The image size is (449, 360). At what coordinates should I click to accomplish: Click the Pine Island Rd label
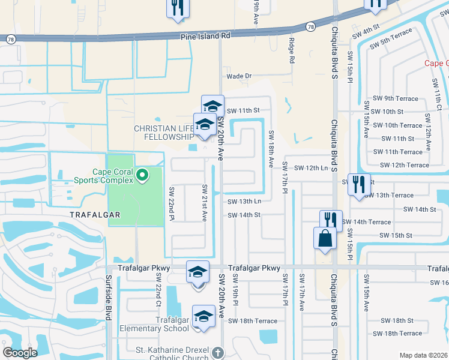pos(206,36)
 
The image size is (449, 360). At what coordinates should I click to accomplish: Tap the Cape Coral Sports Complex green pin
pos(142,175)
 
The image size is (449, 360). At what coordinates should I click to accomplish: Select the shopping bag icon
pos(325,238)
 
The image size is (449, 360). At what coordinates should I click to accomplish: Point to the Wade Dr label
pos(239,76)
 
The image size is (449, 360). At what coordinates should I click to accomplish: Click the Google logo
pos(20,353)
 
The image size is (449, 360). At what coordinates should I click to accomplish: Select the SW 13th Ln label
pos(244,202)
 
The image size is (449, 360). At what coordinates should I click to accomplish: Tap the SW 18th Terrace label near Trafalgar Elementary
pos(252,321)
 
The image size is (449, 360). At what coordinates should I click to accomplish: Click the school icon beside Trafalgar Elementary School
pos(203,316)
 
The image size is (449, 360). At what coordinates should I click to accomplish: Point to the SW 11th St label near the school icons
pos(243,110)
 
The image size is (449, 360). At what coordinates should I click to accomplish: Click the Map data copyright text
pos(423,355)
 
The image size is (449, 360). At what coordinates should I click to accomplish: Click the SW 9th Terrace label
pos(389,98)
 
